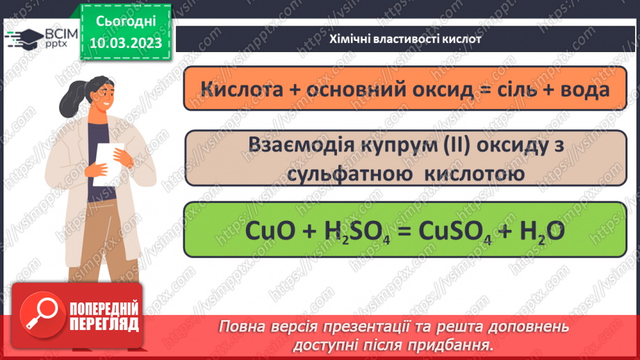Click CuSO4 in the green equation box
[x=452, y=230]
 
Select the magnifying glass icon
[x=39, y=317]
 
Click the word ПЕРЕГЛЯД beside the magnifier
[x=103, y=325]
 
